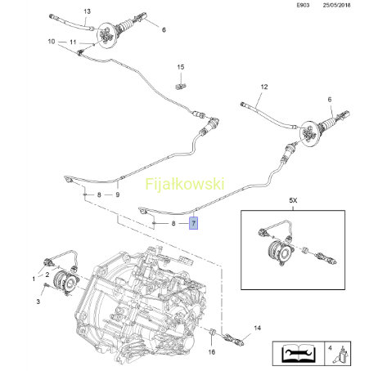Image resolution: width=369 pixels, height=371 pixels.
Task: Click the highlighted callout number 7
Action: coord(193,223)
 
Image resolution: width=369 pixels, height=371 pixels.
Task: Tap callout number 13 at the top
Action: coord(87,11)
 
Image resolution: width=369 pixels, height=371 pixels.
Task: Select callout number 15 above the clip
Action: coord(181,67)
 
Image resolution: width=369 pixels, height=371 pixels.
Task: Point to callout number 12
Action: coord(264,87)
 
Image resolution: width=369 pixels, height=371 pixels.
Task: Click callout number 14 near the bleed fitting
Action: coord(257,328)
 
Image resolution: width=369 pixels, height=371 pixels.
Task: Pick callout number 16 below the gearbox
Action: coord(212,352)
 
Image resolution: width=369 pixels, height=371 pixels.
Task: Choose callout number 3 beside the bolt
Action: coord(38,302)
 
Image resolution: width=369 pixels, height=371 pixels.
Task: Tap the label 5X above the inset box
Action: coord(293,200)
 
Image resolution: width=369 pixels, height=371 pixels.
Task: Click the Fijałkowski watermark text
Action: coord(185,184)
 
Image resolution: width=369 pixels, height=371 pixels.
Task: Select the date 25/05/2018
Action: coord(336,5)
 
